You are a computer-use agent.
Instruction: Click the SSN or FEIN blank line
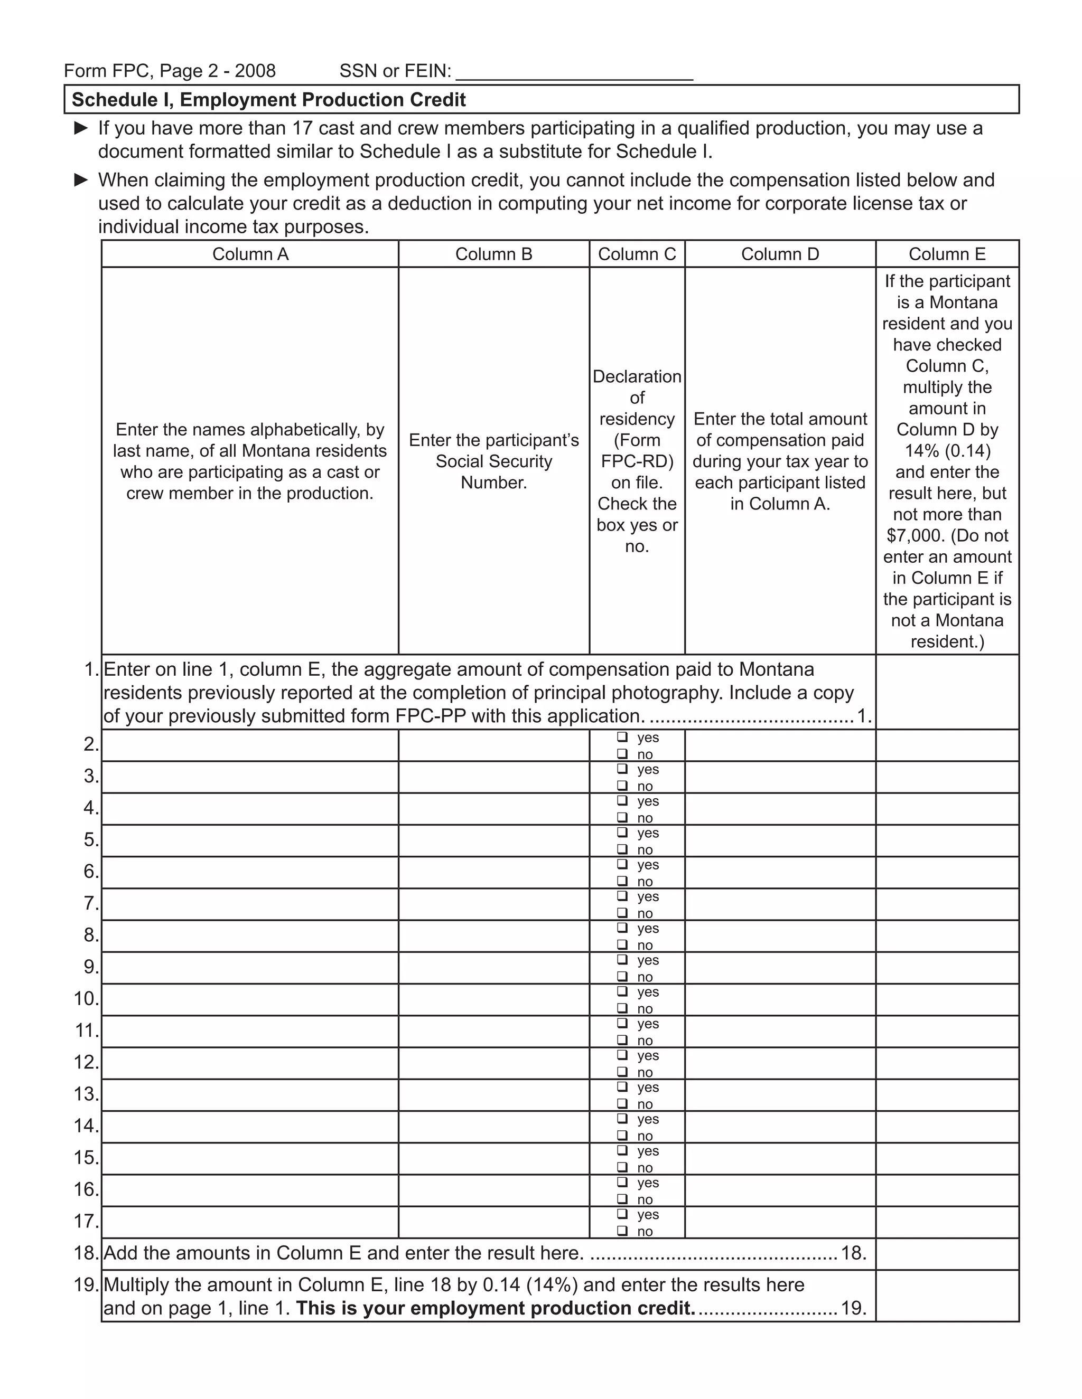(x=574, y=72)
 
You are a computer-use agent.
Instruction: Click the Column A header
(x=250, y=254)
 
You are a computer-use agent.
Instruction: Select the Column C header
(x=637, y=254)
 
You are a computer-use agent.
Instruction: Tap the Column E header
(x=947, y=254)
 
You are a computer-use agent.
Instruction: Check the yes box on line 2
(x=622, y=738)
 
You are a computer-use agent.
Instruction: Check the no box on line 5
(x=622, y=849)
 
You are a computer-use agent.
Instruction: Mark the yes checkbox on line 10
(x=622, y=991)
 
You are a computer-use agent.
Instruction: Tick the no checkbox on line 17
(x=622, y=1231)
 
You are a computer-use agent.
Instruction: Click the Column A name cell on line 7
(x=250, y=904)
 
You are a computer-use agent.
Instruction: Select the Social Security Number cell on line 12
(x=493, y=1063)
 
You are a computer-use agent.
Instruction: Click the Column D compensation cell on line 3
(x=780, y=777)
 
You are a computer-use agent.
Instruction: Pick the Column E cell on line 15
(x=947, y=1158)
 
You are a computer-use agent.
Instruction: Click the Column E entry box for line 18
(x=947, y=1254)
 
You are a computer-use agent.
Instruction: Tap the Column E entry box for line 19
(x=947, y=1295)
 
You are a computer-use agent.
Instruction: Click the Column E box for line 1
(x=947, y=692)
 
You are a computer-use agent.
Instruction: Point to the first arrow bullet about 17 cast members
(x=81, y=128)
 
